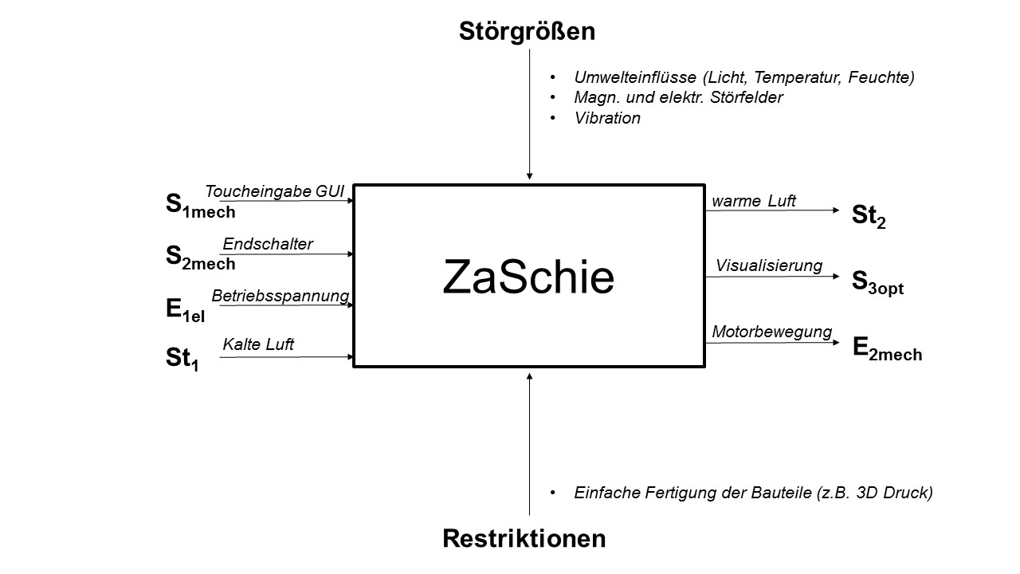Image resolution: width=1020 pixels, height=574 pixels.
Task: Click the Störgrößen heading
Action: pos(527,32)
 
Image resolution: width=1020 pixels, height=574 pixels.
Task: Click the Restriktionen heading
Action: pos(524,539)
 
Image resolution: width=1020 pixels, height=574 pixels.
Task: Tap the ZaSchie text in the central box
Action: pos(528,278)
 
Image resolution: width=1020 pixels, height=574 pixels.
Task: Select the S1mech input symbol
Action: pos(200,206)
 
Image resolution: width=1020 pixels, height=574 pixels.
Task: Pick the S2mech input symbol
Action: pos(200,257)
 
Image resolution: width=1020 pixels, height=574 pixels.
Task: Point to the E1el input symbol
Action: pos(186,310)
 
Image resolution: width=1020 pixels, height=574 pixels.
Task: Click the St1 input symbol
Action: pos(182,359)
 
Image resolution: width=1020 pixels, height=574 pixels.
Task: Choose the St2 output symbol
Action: pos(869,216)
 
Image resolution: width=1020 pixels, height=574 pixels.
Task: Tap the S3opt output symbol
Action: pos(877,282)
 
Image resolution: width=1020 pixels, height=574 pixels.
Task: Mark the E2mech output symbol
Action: pos(887,348)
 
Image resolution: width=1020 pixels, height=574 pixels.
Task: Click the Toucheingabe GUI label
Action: pos(274,191)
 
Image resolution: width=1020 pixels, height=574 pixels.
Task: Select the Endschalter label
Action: pos(268,244)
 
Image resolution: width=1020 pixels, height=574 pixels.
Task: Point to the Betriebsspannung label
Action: pos(280,296)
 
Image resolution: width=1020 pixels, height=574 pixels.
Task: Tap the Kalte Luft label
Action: pos(258,344)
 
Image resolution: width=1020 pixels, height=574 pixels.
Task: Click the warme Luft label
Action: pos(754,201)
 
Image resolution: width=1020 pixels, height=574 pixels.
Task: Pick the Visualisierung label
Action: pos(769,265)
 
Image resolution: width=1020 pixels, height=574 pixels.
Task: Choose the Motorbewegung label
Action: pos(772,332)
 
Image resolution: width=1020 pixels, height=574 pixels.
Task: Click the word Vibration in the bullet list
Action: pos(607,118)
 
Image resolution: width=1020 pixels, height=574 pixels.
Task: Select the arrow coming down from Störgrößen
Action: pos(529,112)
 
